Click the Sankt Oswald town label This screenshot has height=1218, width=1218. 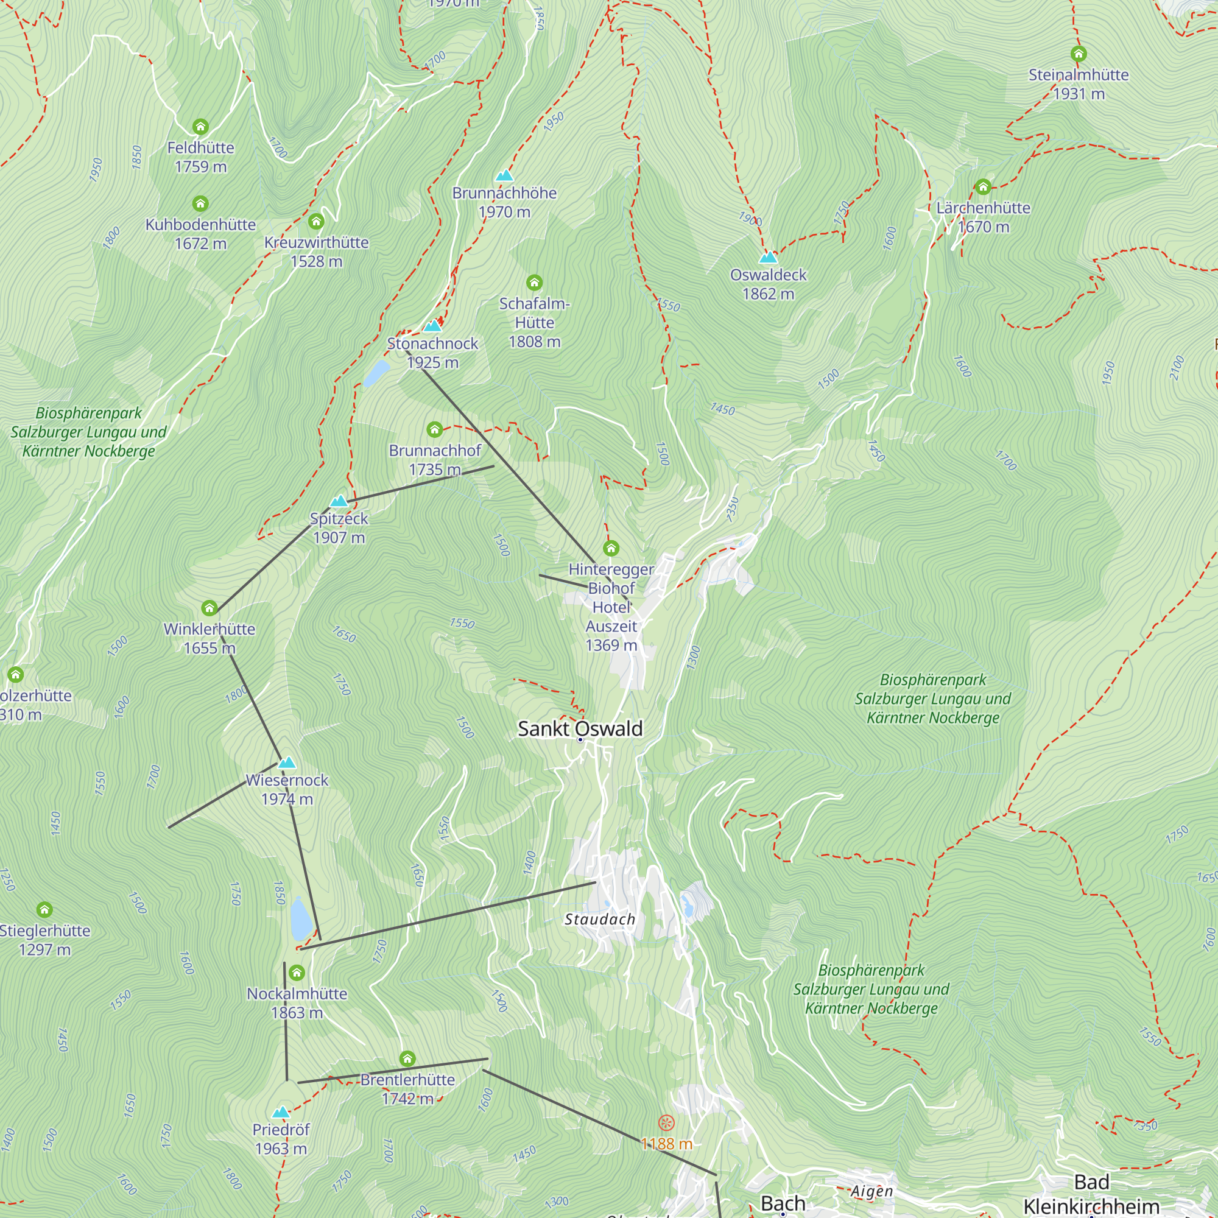point(579,729)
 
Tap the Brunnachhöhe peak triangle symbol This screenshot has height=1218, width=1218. point(504,175)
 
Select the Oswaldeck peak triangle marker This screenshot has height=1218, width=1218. point(768,257)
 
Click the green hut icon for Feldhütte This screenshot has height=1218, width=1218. point(200,127)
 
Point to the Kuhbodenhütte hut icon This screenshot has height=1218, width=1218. point(200,203)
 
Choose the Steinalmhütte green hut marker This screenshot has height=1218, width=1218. point(1079,54)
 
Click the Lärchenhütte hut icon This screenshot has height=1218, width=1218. point(983,186)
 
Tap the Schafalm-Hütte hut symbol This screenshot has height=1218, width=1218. point(535,283)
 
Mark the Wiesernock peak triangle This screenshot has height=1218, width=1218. point(287,762)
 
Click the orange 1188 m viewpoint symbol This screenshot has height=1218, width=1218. point(666,1123)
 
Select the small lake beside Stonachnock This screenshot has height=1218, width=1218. point(376,373)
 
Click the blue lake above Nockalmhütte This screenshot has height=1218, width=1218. point(301,918)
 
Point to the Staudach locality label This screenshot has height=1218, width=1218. point(599,920)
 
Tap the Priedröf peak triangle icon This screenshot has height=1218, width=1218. point(281,1112)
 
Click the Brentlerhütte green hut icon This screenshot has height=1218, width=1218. point(407,1058)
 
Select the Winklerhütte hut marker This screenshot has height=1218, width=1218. point(209,608)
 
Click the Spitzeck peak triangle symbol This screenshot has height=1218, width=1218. point(339,501)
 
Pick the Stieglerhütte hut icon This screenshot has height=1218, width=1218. point(44,910)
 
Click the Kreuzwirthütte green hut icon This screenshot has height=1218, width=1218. point(316,222)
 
